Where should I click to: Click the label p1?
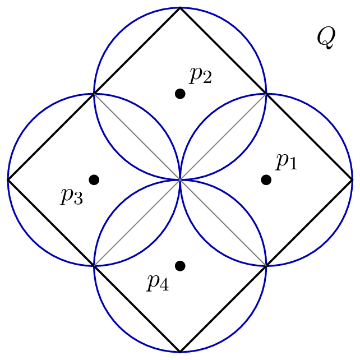tap(287, 162)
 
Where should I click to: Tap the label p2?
tap(200, 76)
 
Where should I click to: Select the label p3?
tap(72, 196)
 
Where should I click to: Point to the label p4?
tap(158, 283)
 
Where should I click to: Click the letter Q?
tap(326, 38)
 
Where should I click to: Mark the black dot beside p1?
tap(266, 180)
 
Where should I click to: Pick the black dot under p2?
tap(180, 94)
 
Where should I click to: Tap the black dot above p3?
tap(94, 180)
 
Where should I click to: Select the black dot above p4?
tap(180, 266)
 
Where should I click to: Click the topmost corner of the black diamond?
tap(180, 8)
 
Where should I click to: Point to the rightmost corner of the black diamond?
tap(352, 180)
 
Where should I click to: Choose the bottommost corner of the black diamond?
tap(180, 352)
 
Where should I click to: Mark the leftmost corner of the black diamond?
tap(8, 180)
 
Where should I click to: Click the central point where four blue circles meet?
tap(180, 180)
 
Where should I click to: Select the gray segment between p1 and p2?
tap(223, 137)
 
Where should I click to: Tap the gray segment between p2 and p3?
tap(137, 137)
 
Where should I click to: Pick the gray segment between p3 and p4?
tap(137, 223)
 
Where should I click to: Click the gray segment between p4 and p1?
tap(223, 223)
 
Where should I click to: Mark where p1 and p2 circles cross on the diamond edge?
tap(266, 94)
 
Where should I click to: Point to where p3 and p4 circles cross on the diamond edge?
tap(94, 266)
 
